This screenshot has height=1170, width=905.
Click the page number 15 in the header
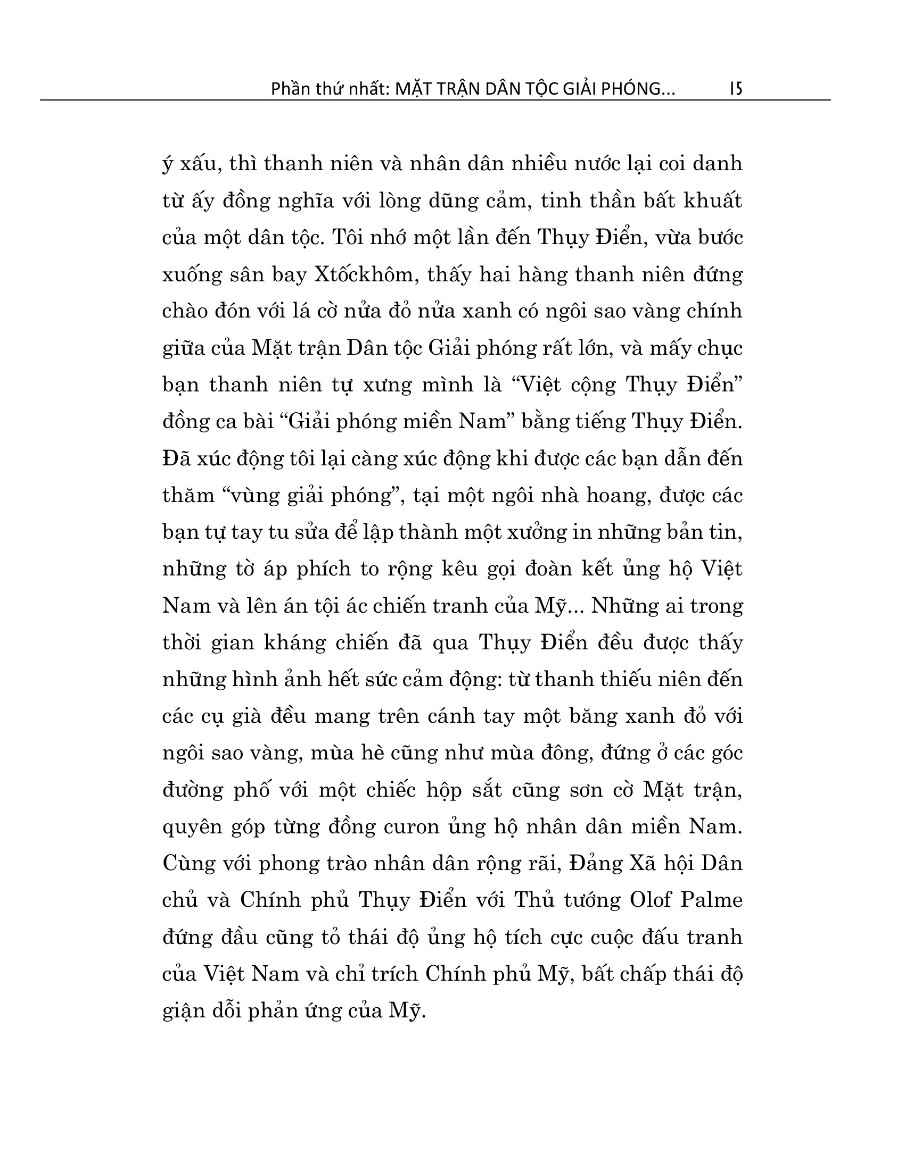coord(736,88)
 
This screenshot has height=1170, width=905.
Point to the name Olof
coord(651,899)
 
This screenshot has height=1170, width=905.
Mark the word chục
coord(720,349)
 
